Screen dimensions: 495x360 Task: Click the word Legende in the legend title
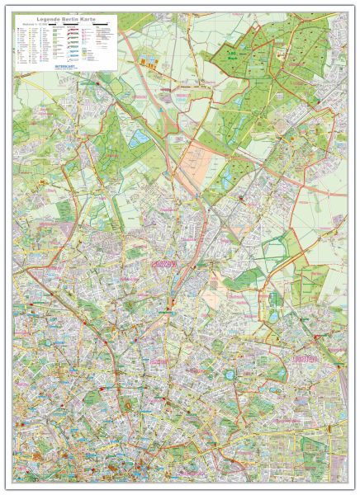click(46, 18)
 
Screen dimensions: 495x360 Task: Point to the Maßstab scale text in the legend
click(29, 25)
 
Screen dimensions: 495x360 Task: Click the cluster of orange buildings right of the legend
click(148, 59)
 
